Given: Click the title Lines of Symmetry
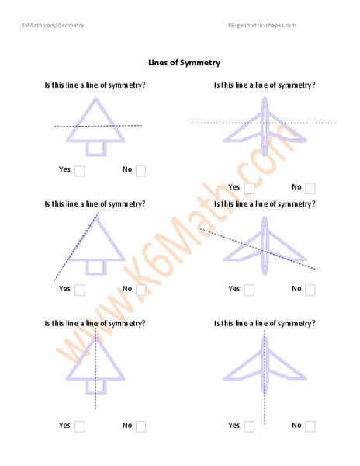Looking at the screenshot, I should pos(184,62).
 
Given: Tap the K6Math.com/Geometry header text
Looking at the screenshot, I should pos(53,25).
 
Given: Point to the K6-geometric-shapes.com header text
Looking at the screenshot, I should pos(261,25).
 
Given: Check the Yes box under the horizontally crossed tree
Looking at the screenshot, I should pos(79,171).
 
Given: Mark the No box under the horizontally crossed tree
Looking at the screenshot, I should pos(140,171).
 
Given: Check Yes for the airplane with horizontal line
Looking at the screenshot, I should pos(249,188).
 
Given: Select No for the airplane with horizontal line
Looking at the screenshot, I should pos(310,188).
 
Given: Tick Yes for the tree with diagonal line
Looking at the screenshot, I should pos(79,290).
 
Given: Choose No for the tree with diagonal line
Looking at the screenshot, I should pos(140,290).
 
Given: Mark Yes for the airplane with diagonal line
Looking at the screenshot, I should pos(249,290).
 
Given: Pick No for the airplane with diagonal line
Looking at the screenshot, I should pos(310,290).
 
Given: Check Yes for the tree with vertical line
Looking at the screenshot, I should pos(79,426).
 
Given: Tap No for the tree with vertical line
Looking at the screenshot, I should pos(140,426).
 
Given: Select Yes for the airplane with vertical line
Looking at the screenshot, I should pos(249,426).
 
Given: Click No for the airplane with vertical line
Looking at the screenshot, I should pos(310,426).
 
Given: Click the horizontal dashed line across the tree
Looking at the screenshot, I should pos(62,126).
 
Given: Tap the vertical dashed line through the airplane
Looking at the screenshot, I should pos(265,412).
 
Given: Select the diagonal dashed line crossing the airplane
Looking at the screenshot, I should pos(303,264).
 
